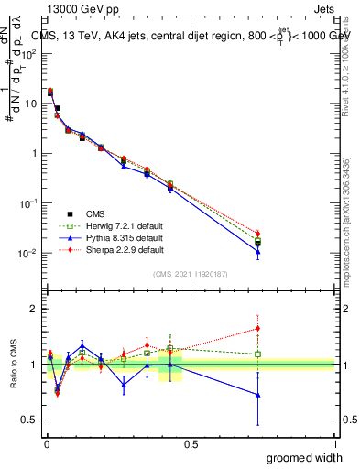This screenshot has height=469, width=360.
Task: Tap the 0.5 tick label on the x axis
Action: [191, 443]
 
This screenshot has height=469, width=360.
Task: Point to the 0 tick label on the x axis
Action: [46, 443]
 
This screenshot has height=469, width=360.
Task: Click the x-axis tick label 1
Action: [334, 443]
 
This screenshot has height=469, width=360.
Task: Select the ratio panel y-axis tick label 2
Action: [35, 309]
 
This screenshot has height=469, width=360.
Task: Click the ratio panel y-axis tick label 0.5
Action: [30, 420]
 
